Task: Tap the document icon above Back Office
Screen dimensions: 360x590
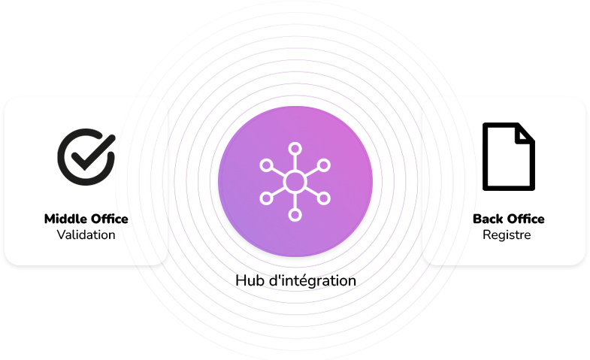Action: point(508,156)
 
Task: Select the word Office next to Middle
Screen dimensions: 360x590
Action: point(107,219)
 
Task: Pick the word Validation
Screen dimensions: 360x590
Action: point(86,235)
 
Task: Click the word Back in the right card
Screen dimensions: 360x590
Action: point(487,219)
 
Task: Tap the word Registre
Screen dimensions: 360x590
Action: point(507,235)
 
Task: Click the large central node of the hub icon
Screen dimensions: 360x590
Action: point(295,181)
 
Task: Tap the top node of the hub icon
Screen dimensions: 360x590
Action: point(295,147)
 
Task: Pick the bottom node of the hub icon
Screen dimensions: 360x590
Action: point(295,215)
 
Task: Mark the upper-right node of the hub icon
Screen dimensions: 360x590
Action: point(324,165)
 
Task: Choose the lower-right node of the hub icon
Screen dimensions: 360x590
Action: point(324,198)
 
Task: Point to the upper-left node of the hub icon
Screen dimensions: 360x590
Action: point(265,165)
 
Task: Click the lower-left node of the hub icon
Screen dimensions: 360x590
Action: point(265,198)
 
